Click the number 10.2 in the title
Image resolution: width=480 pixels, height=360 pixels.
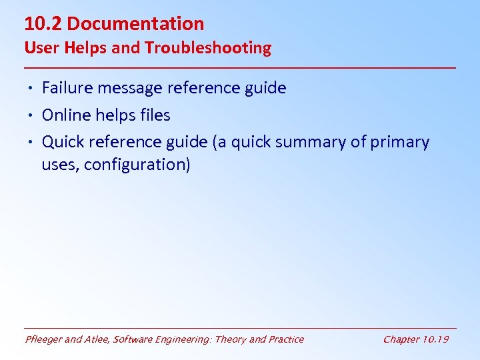[x=43, y=24]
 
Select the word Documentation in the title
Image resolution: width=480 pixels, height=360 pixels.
[x=135, y=24]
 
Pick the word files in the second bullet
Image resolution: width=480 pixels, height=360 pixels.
[x=155, y=115]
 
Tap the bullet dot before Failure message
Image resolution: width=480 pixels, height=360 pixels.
[x=32, y=89]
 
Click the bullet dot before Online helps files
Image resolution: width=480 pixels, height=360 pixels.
[x=32, y=116]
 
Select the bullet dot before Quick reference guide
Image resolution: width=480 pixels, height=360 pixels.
[x=32, y=143]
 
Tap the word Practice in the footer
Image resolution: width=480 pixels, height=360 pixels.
[x=285, y=339]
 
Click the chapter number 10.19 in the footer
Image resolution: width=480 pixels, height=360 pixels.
[x=435, y=339]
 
